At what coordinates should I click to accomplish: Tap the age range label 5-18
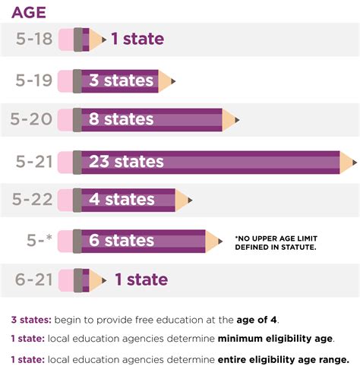34,38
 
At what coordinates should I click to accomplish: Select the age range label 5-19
34,78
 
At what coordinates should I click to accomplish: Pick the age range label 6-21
34,279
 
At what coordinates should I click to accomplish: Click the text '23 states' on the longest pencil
126,161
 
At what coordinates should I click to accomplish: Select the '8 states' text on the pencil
122,119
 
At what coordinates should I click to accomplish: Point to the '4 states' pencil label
122,200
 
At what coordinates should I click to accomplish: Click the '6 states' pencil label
122,240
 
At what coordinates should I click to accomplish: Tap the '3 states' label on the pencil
122,79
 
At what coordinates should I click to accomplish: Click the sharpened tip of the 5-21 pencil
352,161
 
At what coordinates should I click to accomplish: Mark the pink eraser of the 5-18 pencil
66,38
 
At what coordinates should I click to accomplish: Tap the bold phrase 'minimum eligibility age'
276,338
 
